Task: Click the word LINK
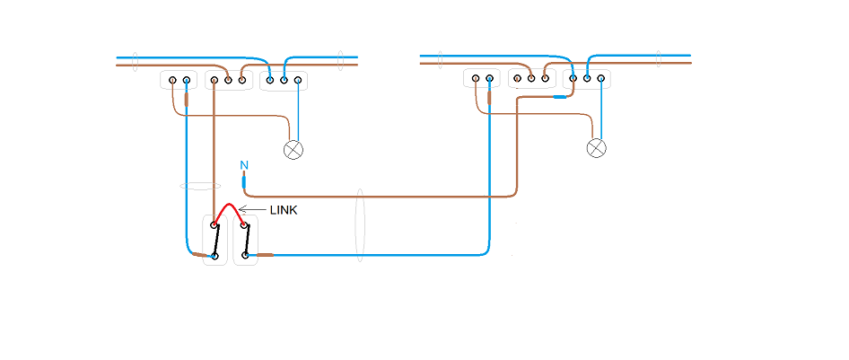click(284, 210)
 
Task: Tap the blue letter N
click(244, 165)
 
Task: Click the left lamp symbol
click(293, 149)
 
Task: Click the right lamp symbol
click(596, 148)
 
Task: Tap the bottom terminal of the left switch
click(214, 256)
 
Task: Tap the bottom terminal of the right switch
click(245, 256)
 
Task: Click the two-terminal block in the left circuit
click(179, 81)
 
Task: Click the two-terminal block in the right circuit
click(482, 80)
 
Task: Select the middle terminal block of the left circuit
click(228, 81)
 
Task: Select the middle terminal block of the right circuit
click(531, 80)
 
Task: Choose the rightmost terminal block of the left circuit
click(284, 81)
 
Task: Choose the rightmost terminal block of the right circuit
click(587, 79)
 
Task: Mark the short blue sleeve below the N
click(244, 180)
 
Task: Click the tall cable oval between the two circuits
click(358, 224)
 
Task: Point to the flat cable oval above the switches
click(200, 186)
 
